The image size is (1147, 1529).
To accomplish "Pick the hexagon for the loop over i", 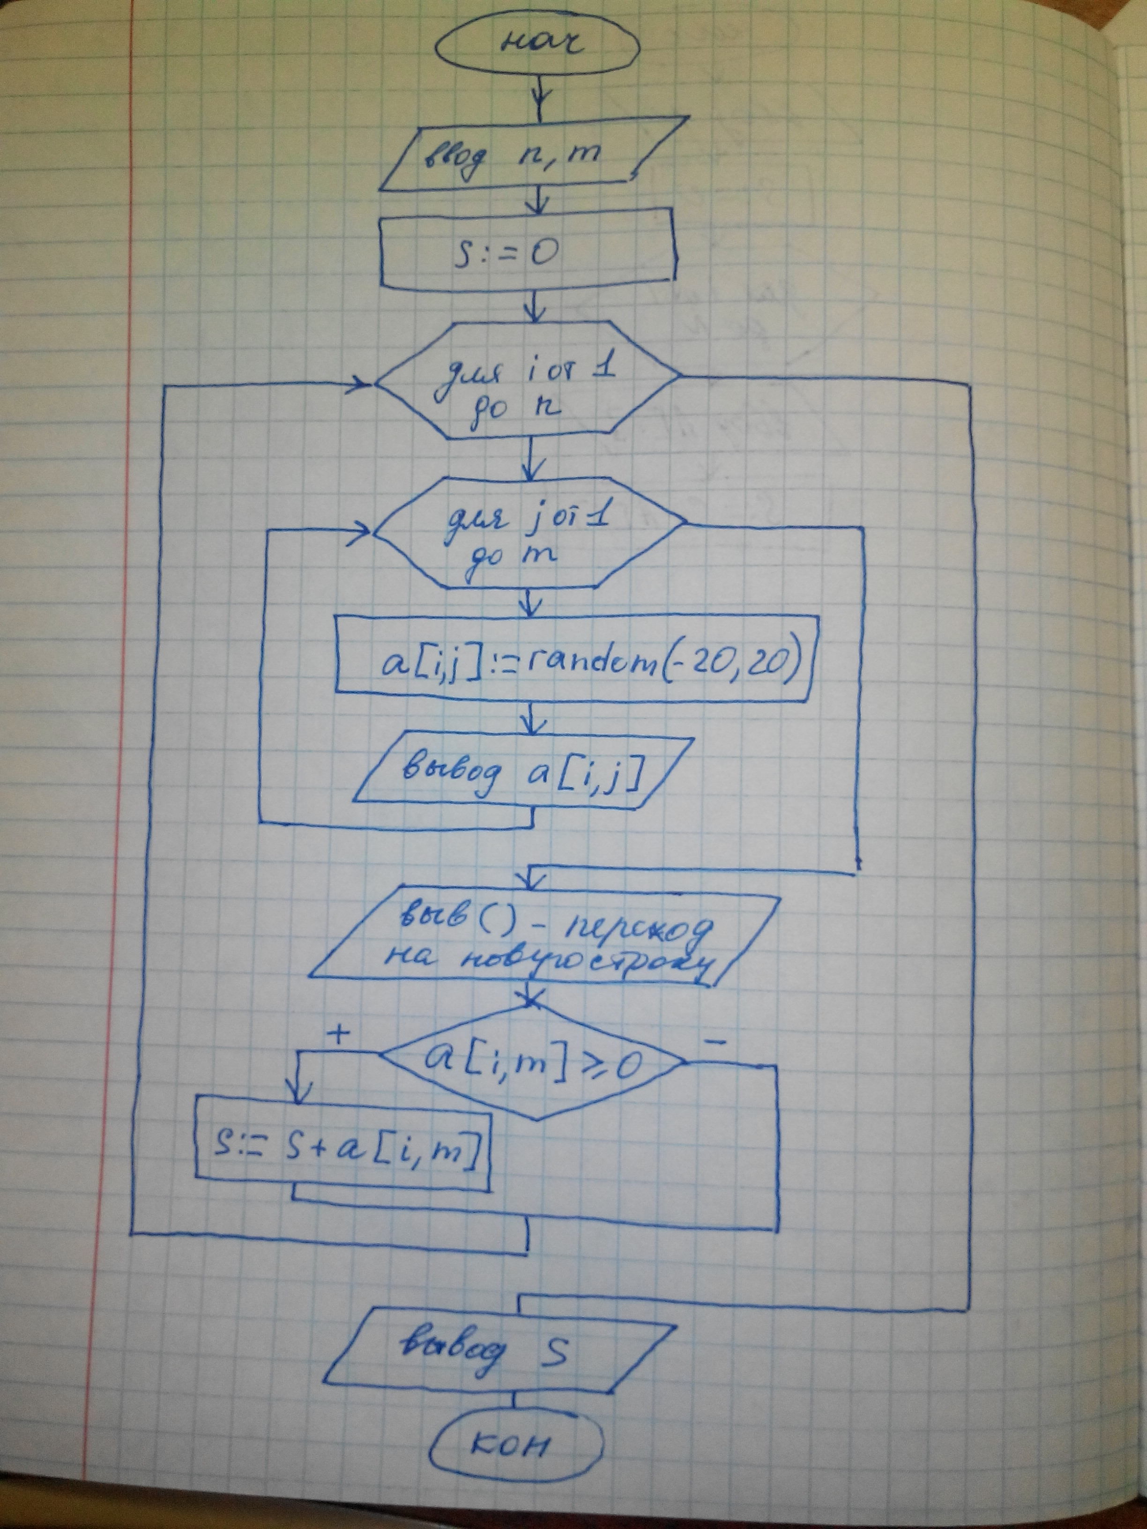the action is coord(528,382).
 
